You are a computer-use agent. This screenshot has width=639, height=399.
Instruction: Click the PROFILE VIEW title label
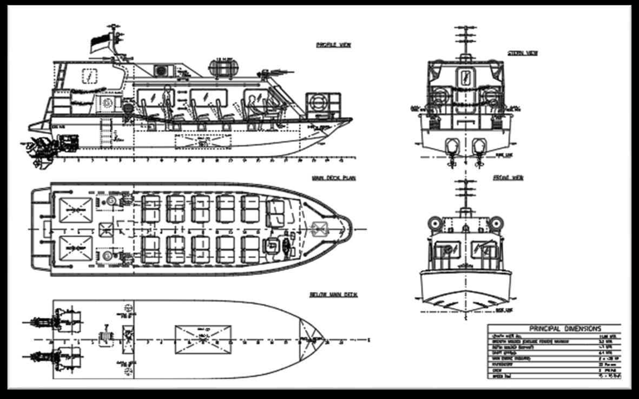[333, 45]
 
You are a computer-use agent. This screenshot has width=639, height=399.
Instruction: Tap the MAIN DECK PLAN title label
[333, 178]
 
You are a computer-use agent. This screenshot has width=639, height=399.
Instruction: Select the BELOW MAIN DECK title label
[333, 295]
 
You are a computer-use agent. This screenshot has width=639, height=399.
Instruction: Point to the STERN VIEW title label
[522, 53]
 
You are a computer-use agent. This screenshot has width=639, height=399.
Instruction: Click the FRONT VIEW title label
[508, 178]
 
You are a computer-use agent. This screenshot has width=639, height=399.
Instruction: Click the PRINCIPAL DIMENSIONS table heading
[557, 329]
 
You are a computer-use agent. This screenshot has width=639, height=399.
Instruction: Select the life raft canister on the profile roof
[223, 68]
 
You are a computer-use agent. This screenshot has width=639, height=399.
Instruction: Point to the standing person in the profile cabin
[167, 103]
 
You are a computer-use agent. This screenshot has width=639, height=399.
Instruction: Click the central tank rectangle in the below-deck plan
[202, 339]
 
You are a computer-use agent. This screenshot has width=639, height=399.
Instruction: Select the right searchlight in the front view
[497, 223]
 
